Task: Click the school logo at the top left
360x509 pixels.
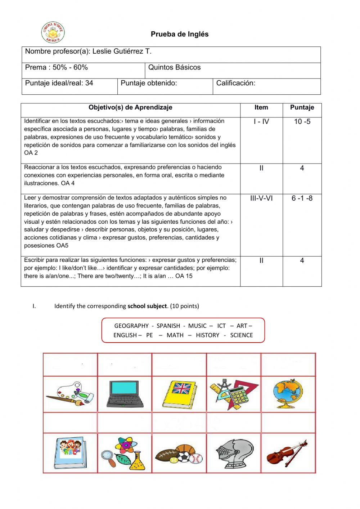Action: coord(53,33)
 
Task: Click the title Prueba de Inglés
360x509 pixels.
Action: coord(180,34)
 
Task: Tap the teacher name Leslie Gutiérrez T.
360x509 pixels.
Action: coord(122,52)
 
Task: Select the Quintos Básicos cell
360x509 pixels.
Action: coord(174,67)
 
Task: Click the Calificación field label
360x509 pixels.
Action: coord(235,83)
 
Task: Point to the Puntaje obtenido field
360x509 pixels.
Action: coord(149,83)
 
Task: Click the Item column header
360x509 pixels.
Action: coord(261,107)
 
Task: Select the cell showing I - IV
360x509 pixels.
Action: coord(261,122)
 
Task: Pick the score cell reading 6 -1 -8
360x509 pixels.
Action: coord(302,198)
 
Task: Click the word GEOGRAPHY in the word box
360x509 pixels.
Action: coord(131,326)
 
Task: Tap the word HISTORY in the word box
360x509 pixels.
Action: coord(207,335)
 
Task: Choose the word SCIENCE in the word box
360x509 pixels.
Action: coord(241,335)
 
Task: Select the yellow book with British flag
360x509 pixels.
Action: coord(179,394)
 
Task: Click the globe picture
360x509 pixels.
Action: coord(288,394)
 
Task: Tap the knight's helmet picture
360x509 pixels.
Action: coord(233,453)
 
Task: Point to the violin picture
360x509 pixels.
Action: coord(287,453)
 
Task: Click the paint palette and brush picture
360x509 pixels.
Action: coord(70,394)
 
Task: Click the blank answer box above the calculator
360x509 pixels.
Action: coord(233,365)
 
